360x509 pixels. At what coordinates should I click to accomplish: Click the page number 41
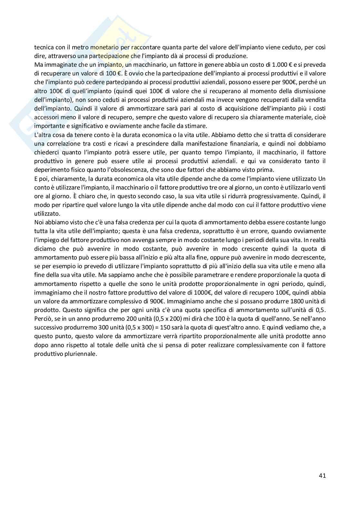322,475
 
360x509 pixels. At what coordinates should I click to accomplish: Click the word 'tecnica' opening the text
43,47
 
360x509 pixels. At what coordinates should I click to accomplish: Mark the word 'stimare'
197,126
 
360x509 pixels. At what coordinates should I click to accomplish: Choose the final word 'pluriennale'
81,354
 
